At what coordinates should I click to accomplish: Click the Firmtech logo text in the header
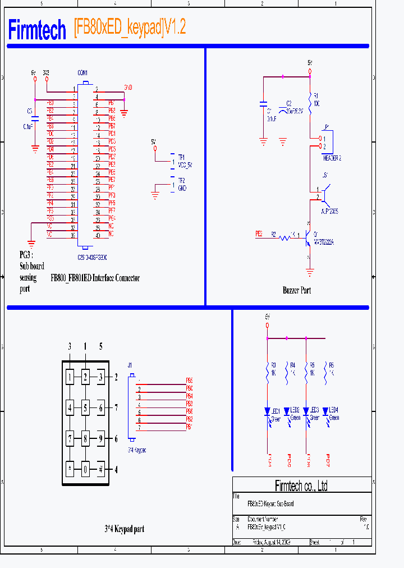pos(37,30)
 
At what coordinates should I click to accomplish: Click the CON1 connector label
pos(82,73)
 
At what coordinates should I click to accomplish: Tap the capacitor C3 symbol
pos(35,118)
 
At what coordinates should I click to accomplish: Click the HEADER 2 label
pos(332,158)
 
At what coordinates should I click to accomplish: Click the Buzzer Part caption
pos(296,290)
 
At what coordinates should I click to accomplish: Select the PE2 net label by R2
pos(259,233)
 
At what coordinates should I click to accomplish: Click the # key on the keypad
pos(100,469)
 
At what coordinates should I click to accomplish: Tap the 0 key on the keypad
pos(85,469)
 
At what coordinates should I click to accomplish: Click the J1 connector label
pos(130,365)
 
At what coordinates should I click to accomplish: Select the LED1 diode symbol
pos(268,412)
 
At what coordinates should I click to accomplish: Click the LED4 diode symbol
pos(325,412)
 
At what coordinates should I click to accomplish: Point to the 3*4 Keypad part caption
pos(124,529)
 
